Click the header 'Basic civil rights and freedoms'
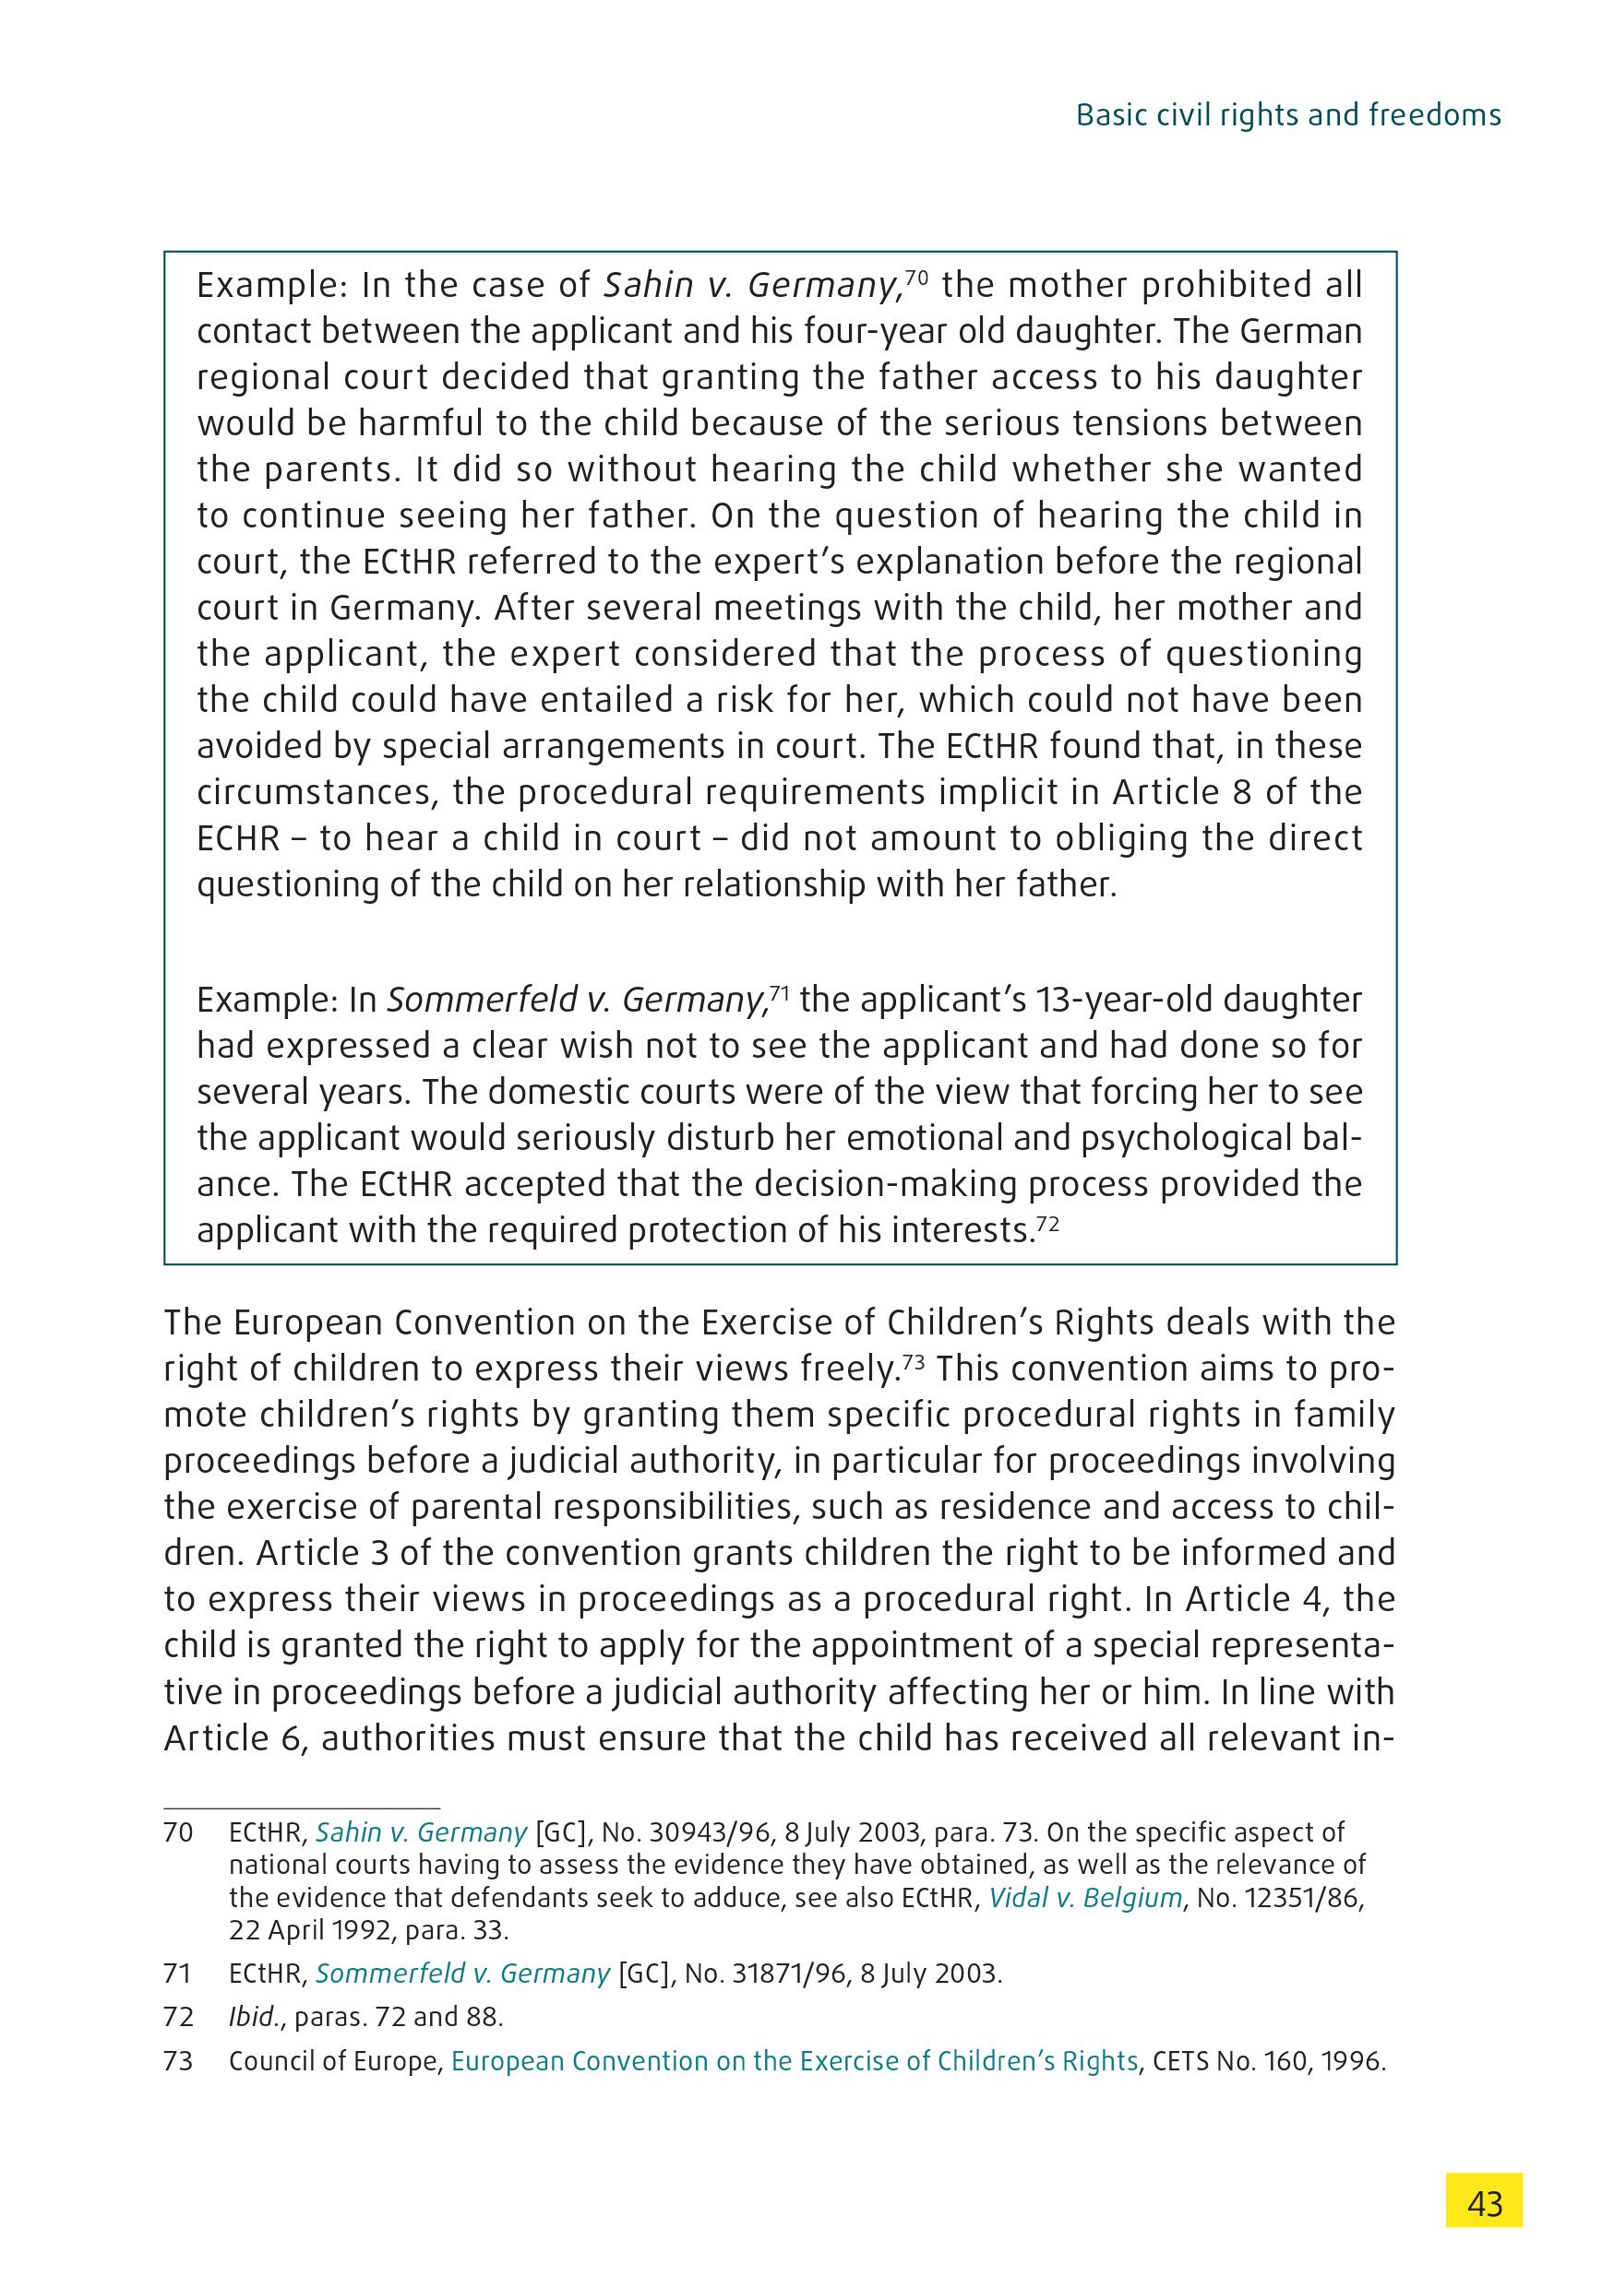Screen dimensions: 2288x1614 pyautogui.click(x=1288, y=115)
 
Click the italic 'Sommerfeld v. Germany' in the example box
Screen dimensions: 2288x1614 pyautogui.click(x=575, y=1000)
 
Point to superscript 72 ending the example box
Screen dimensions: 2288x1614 pyautogui.click(x=1046, y=1222)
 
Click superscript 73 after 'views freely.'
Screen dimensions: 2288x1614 pyautogui.click(x=916, y=1359)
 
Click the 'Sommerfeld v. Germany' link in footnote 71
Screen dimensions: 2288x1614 pyautogui.click(x=462, y=1974)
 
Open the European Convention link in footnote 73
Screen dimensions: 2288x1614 pyautogui.click(x=794, y=2062)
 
